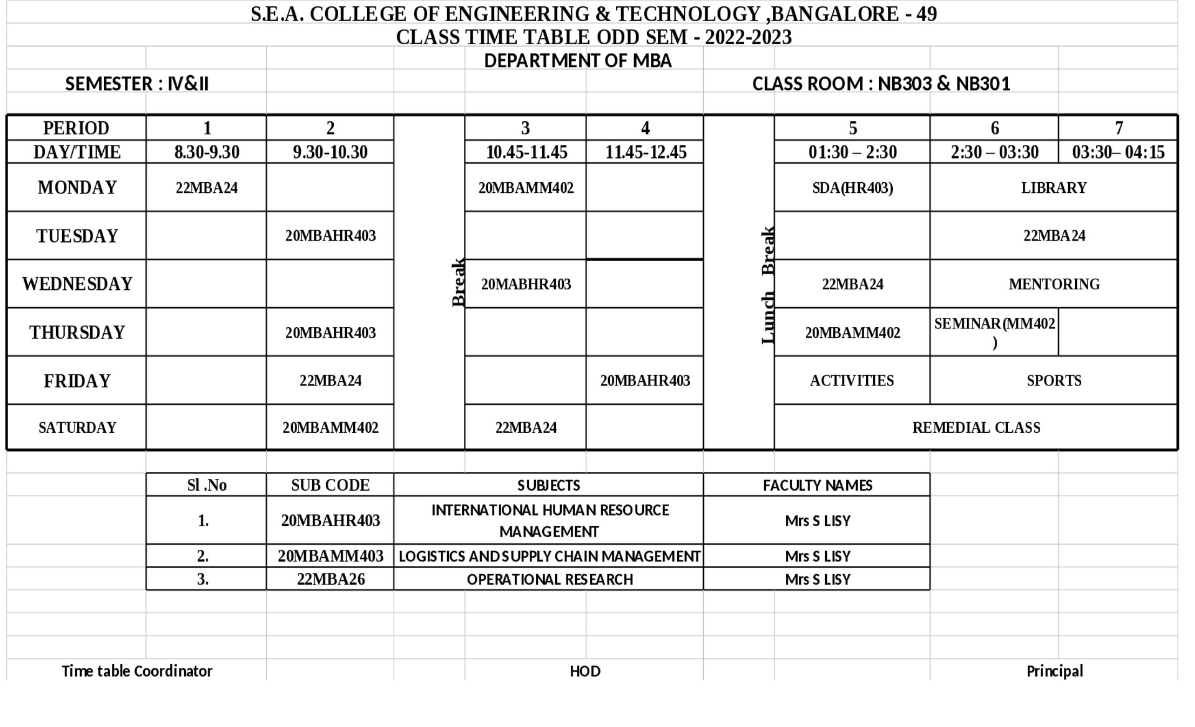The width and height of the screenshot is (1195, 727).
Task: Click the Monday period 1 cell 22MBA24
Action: [x=206, y=188]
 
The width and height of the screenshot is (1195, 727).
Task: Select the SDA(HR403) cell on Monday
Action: [x=852, y=188]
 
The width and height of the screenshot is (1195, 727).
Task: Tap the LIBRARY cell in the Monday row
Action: [x=1053, y=188]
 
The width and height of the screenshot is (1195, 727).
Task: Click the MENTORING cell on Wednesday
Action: [x=1054, y=284]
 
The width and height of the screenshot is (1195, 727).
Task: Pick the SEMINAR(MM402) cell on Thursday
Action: [x=994, y=332]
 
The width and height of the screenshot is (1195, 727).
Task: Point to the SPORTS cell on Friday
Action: [x=1054, y=381]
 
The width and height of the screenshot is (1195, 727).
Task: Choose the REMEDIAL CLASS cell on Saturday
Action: [x=976, y=428]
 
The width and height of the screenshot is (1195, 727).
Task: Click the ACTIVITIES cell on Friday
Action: [x=852, y=381]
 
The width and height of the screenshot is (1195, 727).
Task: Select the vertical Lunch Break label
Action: [x=768, y=285]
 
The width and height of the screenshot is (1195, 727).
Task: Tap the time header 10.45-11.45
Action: [x=526, y=152]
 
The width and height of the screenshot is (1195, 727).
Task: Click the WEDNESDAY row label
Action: [x=77, y=284]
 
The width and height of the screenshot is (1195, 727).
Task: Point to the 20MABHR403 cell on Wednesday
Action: [x=526, y=284]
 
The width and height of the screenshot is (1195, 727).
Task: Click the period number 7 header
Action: [x=1119, y=128]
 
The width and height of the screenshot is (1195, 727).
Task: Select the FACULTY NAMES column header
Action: [x=818, y=485]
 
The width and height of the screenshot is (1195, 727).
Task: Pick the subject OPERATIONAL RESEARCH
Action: [x=550, y=580]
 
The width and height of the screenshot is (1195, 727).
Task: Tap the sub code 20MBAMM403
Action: [x=330, y=556]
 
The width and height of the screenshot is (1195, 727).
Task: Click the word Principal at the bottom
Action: [x=1054, y=671]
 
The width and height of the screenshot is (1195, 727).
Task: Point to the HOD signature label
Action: [x=585, y=671]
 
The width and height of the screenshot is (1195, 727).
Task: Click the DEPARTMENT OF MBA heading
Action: [x=578, y=61]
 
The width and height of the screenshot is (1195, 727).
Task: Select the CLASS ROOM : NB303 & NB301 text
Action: [x=881, y=84]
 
